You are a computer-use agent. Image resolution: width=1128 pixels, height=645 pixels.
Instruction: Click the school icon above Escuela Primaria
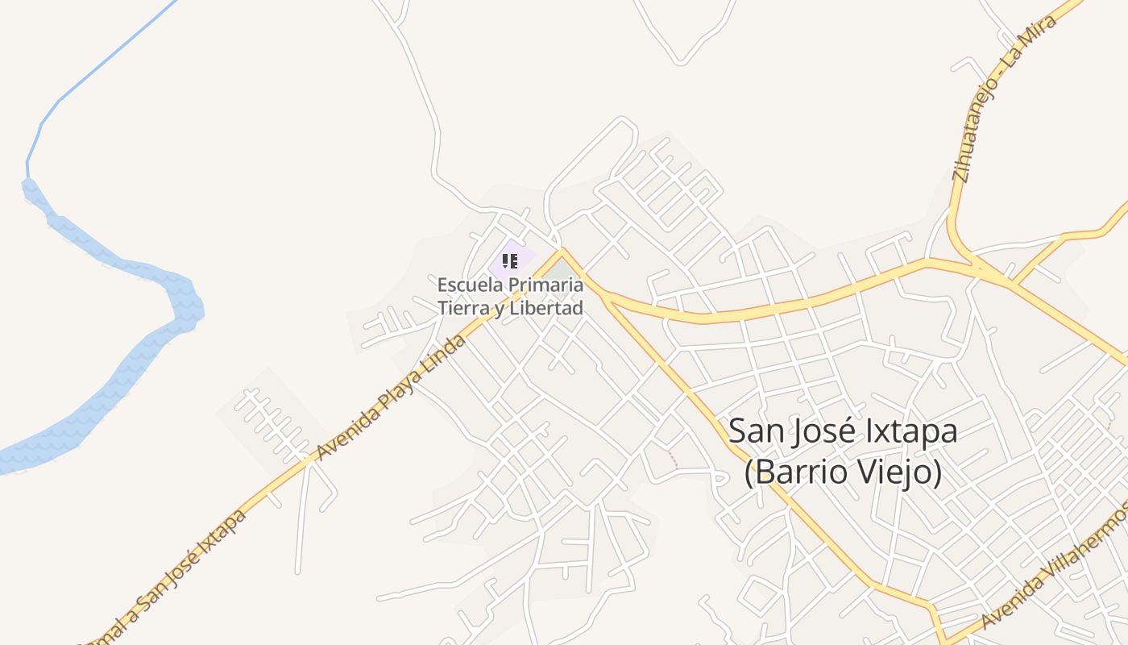(x=509, y=260)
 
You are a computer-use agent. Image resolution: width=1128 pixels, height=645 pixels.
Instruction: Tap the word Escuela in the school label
(x=464, y=285)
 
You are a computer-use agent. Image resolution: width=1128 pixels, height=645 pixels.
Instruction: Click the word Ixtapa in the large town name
(x=911, y=431)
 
